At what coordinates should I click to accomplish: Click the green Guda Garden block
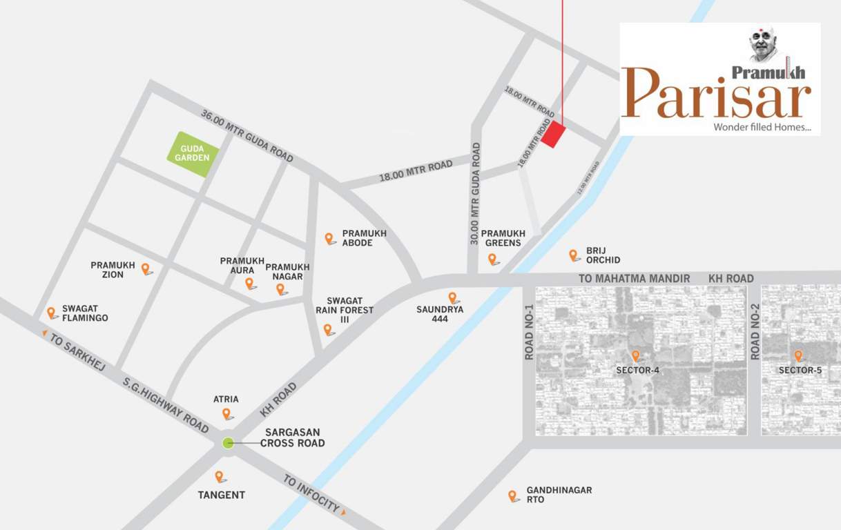[x=193, y=154]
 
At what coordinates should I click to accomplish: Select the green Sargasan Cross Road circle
[x=228, y=443]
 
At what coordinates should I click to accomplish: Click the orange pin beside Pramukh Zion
[x=146, y=268]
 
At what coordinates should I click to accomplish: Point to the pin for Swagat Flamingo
[x=51, y=313]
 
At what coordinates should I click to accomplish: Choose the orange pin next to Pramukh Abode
[x=329, y=238]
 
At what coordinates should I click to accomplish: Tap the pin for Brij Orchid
[x=573, y=255]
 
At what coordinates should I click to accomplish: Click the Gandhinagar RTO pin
[x=512, y=495]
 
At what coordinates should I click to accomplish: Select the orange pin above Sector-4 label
[x=635, y=356]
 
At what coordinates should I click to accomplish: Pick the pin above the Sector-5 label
[x=798, y=356]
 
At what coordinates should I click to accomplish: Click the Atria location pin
[x=226, y=413]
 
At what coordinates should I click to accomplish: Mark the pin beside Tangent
[x=219, y=476]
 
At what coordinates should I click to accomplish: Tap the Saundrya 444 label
[x=440, y=314]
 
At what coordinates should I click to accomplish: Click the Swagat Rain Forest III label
[x=345, y=310]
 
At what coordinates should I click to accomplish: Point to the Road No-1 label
[x=530, y=331]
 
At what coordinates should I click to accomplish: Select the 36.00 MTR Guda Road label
[x=246, y=135]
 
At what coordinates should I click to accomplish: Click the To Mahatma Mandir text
[x=634, y=278]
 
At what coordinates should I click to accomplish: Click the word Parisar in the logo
[x=717, y=95]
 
